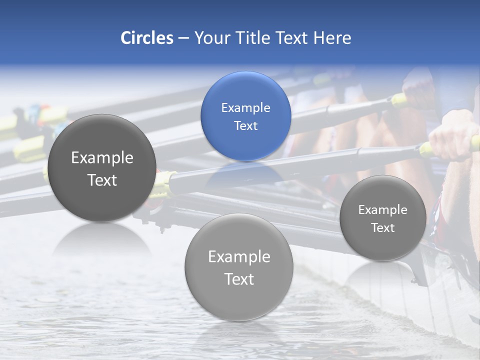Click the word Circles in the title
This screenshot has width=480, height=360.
(x=146, y=38)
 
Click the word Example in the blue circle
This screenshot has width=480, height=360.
(x=245, y=108)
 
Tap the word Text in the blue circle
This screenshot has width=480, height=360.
(x=245, y=125)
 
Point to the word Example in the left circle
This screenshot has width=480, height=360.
(x=102, y=158)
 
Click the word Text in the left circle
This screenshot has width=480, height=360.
(x=102, y=180)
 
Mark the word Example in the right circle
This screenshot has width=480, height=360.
(x=383, y=210)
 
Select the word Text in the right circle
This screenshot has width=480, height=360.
(x=383, y=227)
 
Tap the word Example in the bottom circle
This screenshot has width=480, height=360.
(x=239, y=256)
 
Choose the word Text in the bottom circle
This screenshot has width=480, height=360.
(x=239, y=278)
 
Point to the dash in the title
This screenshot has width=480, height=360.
(x=183, y=38)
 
